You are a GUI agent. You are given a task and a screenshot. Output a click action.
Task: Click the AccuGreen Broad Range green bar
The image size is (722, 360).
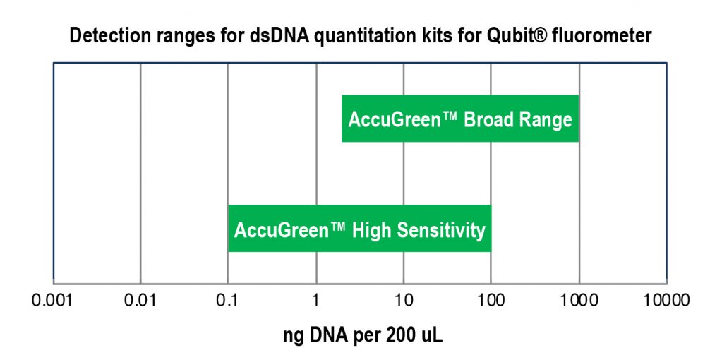[460, 119]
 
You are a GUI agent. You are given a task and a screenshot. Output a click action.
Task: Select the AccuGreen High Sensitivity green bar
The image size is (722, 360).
[359, 229]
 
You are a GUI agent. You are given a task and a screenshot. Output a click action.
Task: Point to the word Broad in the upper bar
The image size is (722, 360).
[488, 119]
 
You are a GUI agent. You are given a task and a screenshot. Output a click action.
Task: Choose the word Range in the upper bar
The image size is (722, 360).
[546, 119]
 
